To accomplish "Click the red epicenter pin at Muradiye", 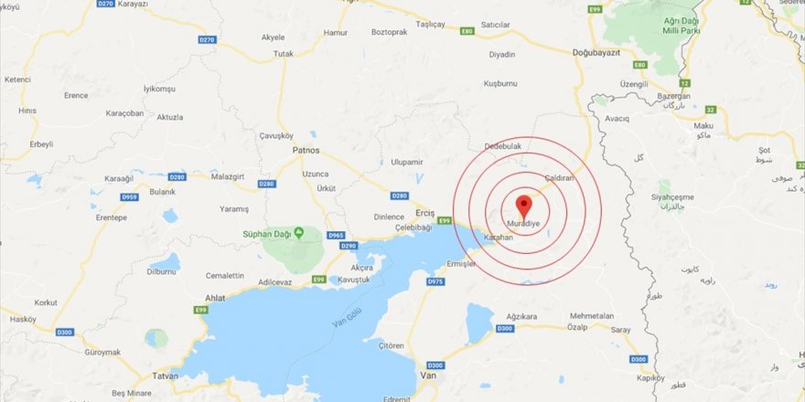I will (x=524, y=205).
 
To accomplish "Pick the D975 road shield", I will (x=435, y=282).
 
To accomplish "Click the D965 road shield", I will (x=335, y=235).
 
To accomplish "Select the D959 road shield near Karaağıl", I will (x=130, y=196).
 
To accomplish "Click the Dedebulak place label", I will (x=503, y=144).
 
